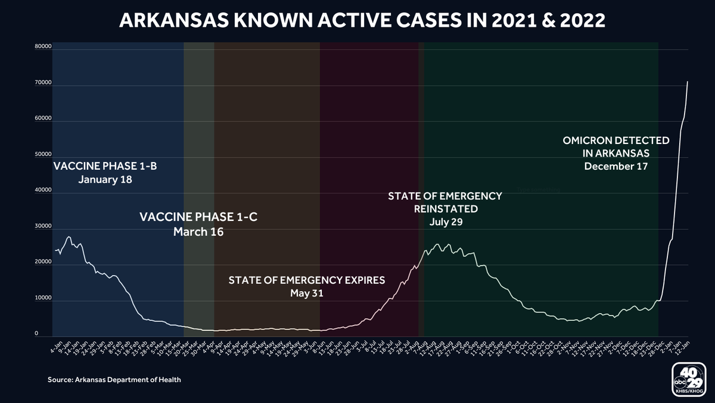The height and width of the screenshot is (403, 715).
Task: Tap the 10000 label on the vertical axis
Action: (x=43, y=299)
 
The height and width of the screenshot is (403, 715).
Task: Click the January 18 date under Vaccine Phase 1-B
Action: (x=105, y=179)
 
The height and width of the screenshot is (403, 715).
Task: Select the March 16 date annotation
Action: (x=198, y=232)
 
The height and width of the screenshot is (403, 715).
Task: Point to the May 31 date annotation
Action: (x=306, y=293)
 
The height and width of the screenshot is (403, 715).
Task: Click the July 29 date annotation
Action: (x=446, y=222)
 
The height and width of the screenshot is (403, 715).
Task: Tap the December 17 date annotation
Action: (x=616, y=166)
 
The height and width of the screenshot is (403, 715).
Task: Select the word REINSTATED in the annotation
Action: (x=446, y=209)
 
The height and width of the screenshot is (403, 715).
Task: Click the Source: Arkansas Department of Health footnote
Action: (x=114, y=380)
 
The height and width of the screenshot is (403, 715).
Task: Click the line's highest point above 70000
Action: (x=688, y=82)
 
